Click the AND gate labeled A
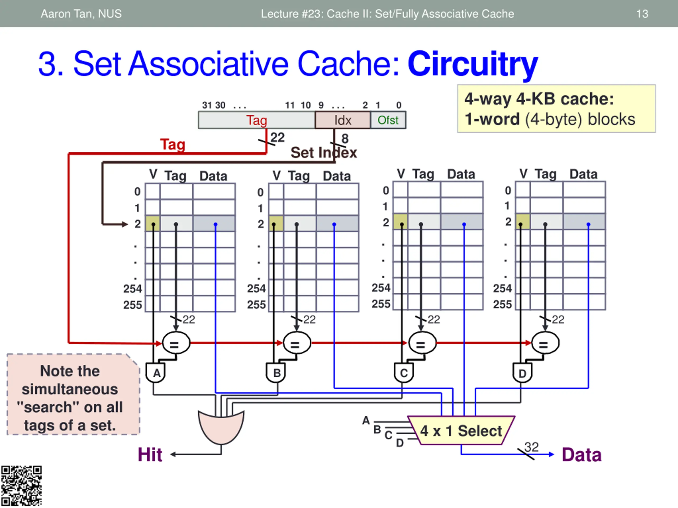click(x=156, y=373)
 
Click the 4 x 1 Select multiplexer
click(x=461, y=430)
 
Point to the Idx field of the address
click(x=343, y=120)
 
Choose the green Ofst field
click(x=388, y=120)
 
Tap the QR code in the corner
click(x=21, y=486)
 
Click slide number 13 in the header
click(x=642, y=14)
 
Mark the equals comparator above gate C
click(x=422, y=343)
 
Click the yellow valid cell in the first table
click(x=153, y=223)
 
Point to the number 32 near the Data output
click(x=531, y=447)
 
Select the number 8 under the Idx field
click(x=345, y=139)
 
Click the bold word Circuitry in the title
click(x=473, y=64)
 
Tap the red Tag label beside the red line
click(x=173, y=144)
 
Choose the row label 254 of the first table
click(x=132, y=289)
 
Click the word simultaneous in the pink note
click(x=70, y=389)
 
